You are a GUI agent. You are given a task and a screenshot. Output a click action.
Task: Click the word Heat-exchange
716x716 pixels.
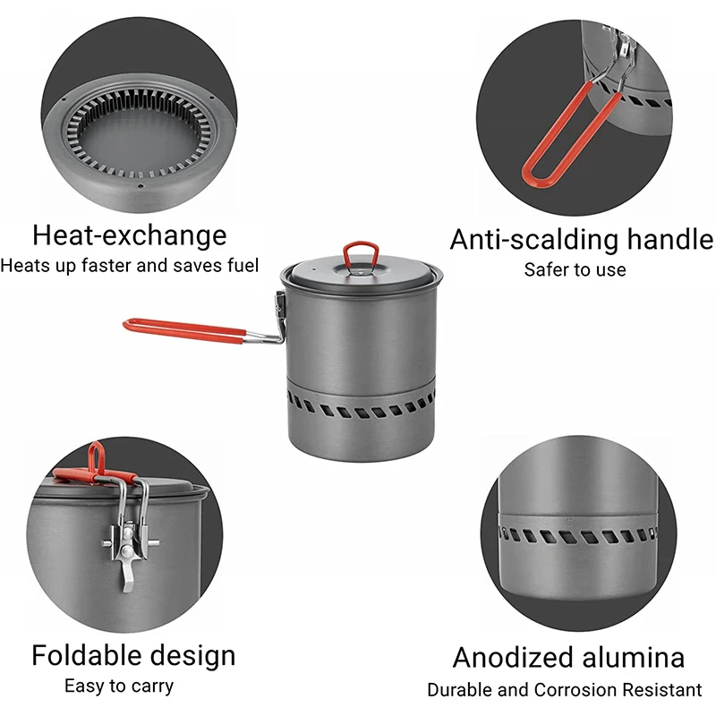tap(130, 236)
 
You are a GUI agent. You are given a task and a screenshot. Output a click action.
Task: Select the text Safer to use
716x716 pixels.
tap(575, 270)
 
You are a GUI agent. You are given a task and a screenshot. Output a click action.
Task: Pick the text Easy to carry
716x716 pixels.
tap(119, 686)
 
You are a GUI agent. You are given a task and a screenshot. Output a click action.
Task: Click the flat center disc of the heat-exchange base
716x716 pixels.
tap(141, 141)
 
